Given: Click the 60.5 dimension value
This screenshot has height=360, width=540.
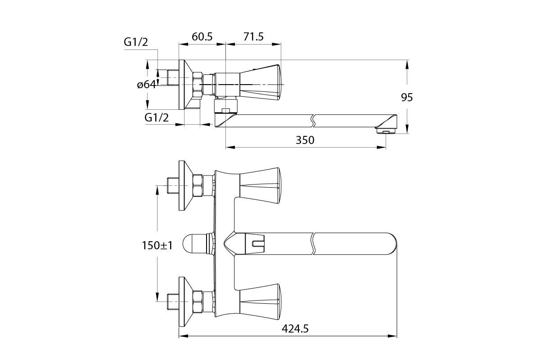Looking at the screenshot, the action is pos(202,37).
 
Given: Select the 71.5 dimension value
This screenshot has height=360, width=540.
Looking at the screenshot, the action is pos(253,37).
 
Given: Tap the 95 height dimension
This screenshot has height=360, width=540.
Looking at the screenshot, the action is pos(407,97).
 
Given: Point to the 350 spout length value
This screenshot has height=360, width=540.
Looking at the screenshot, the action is pos(305,140).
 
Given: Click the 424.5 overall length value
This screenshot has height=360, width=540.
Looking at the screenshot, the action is pos(295,328).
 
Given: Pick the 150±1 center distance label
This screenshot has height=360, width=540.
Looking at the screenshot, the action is pos(157,245).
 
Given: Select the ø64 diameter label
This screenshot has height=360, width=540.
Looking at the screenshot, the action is pos(146,85).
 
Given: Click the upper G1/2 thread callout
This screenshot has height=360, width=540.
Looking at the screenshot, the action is pos(136,42).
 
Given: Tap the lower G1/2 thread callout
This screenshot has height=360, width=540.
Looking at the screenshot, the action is pos(157,117).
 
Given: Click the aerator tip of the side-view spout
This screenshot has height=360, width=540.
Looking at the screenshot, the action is pos(386,131).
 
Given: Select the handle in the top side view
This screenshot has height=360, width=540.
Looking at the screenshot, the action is pos(261,82).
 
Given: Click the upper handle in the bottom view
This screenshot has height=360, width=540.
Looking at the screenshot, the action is pos(261,185).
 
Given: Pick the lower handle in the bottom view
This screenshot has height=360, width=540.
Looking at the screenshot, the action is pos(261,301).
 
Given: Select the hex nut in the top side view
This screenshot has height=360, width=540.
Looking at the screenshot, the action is pos(198,85).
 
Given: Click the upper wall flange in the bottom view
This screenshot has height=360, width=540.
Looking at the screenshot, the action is pos(185,185).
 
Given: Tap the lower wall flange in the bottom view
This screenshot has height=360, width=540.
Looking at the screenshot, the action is pos(185,301).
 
